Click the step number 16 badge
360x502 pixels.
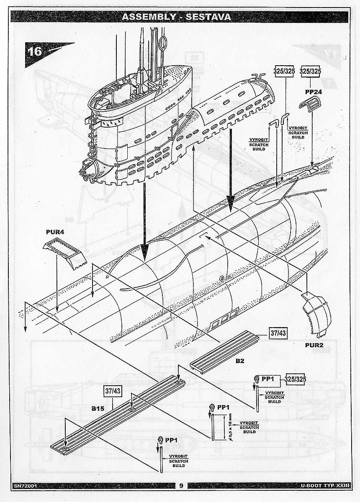(35, 51)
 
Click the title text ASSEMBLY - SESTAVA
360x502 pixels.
(176, 17)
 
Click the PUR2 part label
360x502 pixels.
(317, 346)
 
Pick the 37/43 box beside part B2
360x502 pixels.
(278, 334)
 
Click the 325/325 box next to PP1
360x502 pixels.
(296, 379)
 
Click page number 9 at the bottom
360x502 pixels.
(181, 486)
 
